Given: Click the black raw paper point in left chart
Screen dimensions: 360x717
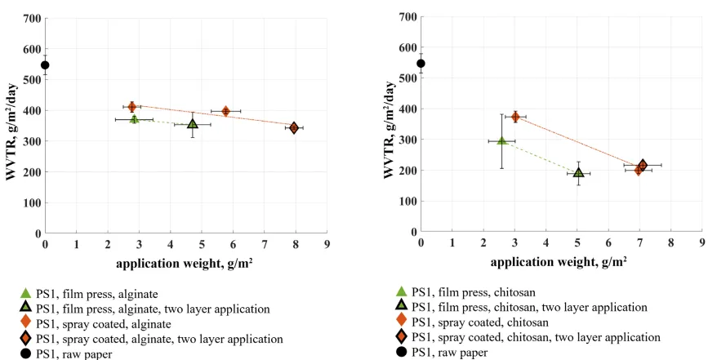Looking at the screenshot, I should tap(46, 65).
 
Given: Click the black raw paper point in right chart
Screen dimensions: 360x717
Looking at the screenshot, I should tap(421, 63).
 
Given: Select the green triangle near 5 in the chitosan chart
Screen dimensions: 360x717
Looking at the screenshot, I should tap(578, 172).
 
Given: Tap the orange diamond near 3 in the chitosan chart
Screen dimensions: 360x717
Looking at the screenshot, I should tap(515, 117).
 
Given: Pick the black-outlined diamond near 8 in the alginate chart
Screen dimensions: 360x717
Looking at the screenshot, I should tap(294, 127).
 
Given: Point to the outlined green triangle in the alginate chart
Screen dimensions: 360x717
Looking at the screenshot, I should tap(193, 124).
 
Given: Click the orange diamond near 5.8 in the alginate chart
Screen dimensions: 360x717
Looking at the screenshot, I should tap(226, 111).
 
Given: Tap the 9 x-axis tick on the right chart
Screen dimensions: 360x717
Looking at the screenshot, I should tap(702, 243).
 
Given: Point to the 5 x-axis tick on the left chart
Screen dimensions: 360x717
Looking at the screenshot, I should tap(202, 244).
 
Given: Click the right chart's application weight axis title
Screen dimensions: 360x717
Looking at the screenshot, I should tap(562, 261).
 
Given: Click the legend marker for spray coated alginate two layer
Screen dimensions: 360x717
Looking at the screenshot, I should tap(26, 338).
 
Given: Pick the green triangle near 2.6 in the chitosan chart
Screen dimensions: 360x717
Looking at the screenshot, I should tap(502, 140).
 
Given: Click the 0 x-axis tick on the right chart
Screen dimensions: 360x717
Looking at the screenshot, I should tap(421, 243).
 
